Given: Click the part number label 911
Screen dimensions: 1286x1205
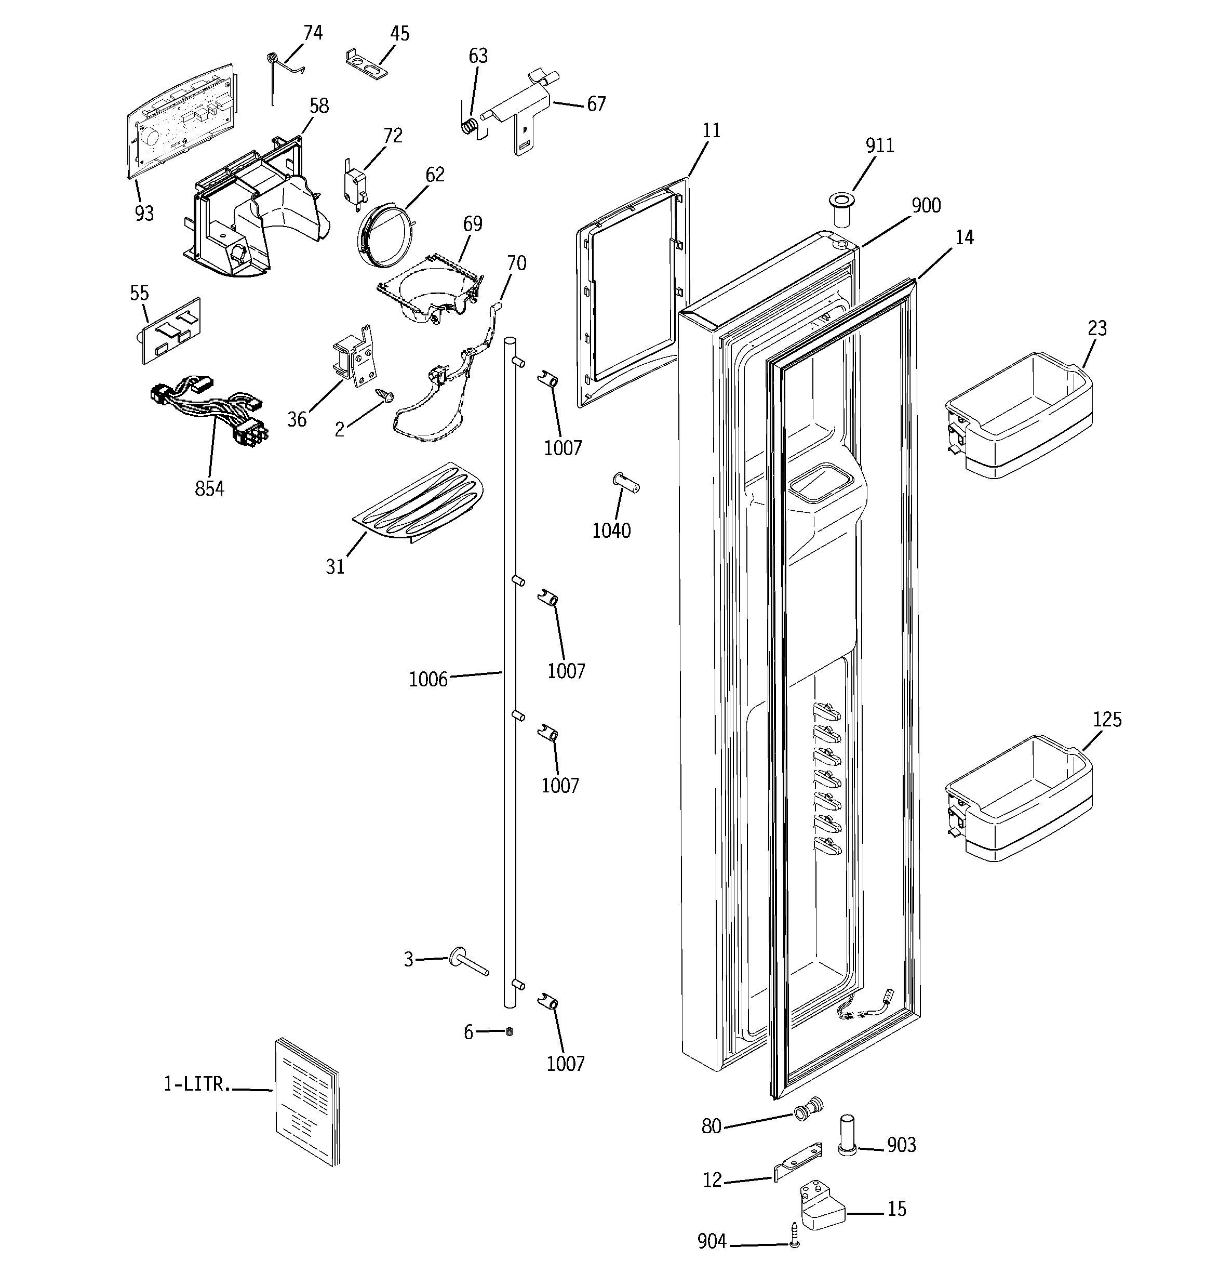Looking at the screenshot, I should (880, 145).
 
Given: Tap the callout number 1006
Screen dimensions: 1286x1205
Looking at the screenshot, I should (427, 679).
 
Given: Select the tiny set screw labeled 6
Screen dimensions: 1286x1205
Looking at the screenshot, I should (509, 1031).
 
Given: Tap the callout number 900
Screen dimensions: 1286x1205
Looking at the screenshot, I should (926, 206).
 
